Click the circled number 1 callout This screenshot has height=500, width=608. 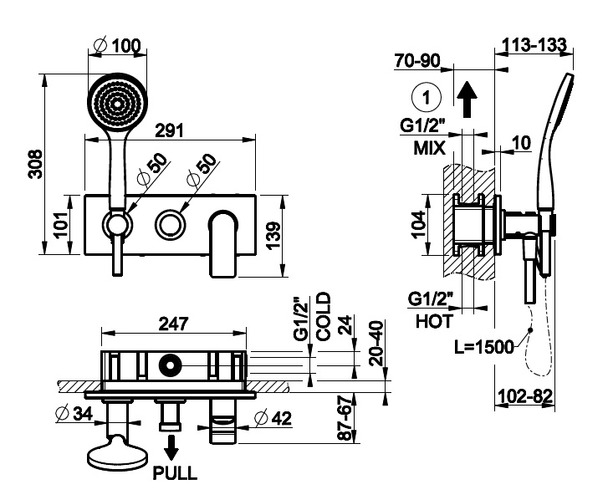click(x=427, y=96)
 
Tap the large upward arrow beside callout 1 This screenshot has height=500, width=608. click(x=467, y=99)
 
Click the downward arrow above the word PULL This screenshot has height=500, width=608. click(x=171, y=448)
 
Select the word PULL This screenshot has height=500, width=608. click(x=175, y=473)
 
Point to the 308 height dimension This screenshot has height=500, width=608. click(x=36, y=164)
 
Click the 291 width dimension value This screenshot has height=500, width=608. click(x=170, y=130)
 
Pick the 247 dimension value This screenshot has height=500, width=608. click(x=174, y=324)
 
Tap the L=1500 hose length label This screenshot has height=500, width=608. click(x=484, y=347)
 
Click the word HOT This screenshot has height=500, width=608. click(x=434, y=321)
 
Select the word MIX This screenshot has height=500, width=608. click(x=430, y=148)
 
